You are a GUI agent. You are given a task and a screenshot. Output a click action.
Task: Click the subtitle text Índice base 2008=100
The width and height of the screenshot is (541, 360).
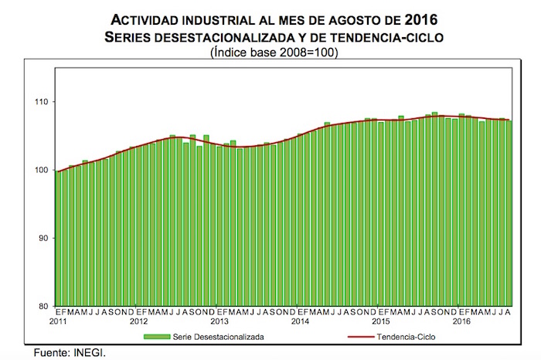(270, 53)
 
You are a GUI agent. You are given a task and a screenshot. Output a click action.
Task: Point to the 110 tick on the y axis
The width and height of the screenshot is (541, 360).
(41, 103)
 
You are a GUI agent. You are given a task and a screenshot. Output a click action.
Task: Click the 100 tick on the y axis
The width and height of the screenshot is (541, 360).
(41, 171)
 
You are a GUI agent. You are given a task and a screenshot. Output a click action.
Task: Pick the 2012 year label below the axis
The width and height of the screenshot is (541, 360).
(139, 321)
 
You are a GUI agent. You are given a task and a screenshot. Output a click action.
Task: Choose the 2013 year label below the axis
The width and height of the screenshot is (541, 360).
(219, 321)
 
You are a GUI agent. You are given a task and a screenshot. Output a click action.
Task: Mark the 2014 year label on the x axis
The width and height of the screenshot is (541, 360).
(301, 321)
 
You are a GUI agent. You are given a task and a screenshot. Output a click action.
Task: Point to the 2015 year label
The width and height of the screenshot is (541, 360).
(381, 321)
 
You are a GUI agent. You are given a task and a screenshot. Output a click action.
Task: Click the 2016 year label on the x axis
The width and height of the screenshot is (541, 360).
(462, 321)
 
